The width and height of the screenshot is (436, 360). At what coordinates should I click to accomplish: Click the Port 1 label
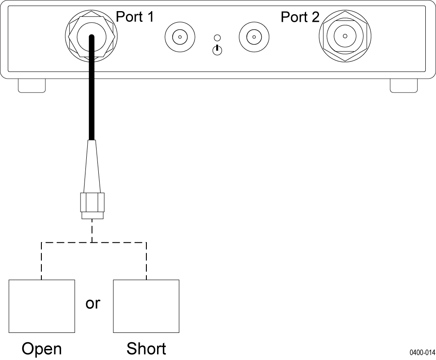coord(135,17)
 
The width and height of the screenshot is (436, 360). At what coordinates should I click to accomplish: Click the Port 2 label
coord(300,17)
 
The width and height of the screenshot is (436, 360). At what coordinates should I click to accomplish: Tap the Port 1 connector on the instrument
coord(91,36)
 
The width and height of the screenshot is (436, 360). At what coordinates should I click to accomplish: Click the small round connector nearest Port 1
coord(179,36)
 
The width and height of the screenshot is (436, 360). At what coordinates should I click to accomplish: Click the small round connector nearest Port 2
coord(254,36)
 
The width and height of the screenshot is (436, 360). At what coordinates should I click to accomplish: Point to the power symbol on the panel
coord(217,50)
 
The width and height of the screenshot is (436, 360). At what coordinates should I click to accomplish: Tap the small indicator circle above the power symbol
coord(217,38)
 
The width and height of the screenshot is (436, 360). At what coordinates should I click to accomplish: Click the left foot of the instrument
coord(32,85)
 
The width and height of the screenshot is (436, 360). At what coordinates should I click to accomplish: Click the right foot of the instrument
coord(404,85)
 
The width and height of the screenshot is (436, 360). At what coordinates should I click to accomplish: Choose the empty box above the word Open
coord(42,306)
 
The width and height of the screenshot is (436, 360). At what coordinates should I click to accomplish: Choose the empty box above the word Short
coord(146,306)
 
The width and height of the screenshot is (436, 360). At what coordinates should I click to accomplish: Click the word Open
coord(41,349)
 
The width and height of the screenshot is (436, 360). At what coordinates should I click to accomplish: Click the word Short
coord(146,348)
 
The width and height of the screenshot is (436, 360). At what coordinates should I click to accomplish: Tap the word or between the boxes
coord(93,304)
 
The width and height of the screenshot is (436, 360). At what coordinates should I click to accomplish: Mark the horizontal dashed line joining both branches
coord(67,243)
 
